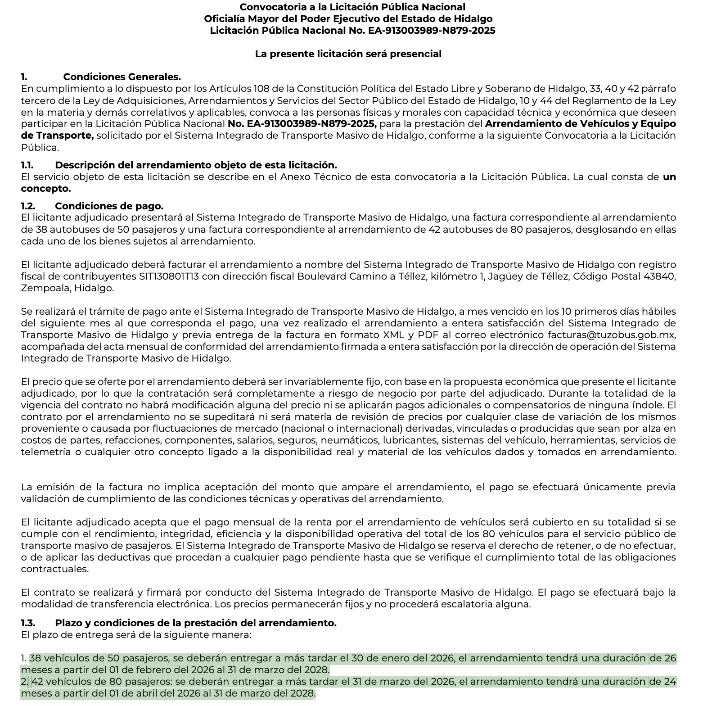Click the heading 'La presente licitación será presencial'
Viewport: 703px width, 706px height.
(348, 54)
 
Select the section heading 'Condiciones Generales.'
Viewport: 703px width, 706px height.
(122, 77)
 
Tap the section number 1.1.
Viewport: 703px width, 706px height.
(27, 165)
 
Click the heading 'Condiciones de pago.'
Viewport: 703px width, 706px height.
(109, 206)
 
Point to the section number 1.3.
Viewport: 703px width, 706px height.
(28, 623)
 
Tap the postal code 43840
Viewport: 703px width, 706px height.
(661, 276)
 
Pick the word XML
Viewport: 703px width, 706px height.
(392, 335)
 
